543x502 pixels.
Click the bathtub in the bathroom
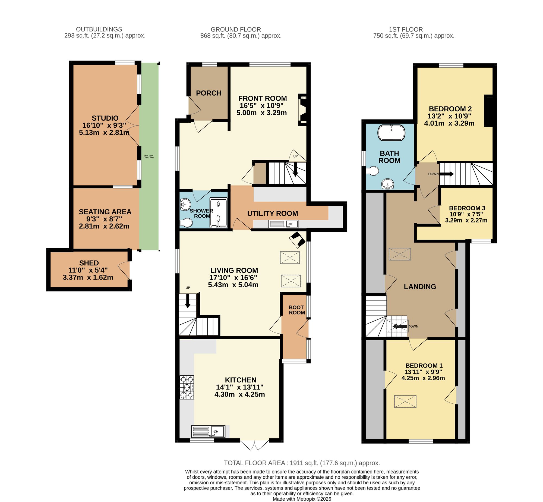coord(391,133)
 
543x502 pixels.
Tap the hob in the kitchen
coord(187,387)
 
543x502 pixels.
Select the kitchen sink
coord(209,431)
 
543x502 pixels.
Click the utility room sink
coord(283,224)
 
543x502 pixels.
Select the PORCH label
coord(209,93)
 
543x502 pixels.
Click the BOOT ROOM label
coord(296,310)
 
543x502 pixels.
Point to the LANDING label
coord(420,287)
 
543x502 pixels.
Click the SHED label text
coord(89,263)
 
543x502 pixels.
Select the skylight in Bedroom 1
coord(405,401)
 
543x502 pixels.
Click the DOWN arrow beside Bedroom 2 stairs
coord(446,174)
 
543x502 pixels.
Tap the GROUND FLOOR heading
coord(236,29)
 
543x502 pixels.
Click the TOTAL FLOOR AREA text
coord(302,463)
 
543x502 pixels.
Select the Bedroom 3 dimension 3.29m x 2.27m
coord(466,220)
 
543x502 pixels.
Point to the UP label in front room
coord(295,156)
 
